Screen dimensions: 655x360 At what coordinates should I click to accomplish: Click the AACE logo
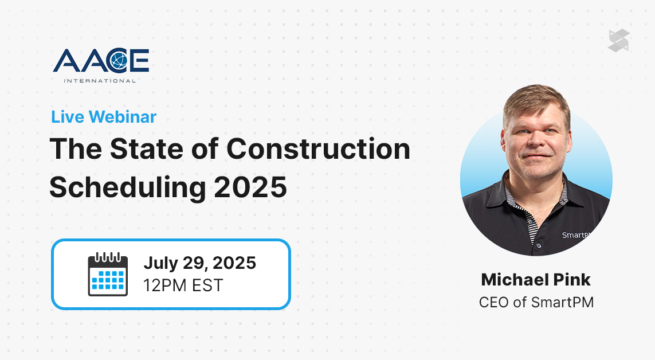point(101,65)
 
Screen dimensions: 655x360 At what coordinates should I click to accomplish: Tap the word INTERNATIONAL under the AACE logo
point(100,81)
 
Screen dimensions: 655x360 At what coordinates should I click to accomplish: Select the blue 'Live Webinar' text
point(104,117)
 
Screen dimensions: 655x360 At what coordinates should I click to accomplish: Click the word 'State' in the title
point(147,148)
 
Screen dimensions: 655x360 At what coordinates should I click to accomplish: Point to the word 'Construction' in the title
point(318,148)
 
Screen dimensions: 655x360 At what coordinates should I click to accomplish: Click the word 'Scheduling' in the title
point(127,187)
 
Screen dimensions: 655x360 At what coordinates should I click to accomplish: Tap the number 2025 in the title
point(250,187)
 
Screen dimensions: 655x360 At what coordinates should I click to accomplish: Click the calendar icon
point(108,275)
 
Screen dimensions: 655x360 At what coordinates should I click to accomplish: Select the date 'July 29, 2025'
point(199,263)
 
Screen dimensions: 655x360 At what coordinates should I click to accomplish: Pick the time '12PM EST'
point(183,285)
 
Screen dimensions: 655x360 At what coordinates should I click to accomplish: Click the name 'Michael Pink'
point(536,280)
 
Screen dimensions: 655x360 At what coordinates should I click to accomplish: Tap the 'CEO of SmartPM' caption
point(536,302)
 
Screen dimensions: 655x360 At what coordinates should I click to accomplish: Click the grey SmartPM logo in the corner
point(619,41)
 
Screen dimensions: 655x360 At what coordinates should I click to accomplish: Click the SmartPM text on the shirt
point(576,234)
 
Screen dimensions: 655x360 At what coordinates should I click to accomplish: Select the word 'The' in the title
point(76,148)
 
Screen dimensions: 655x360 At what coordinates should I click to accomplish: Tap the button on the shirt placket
point(539,246)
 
